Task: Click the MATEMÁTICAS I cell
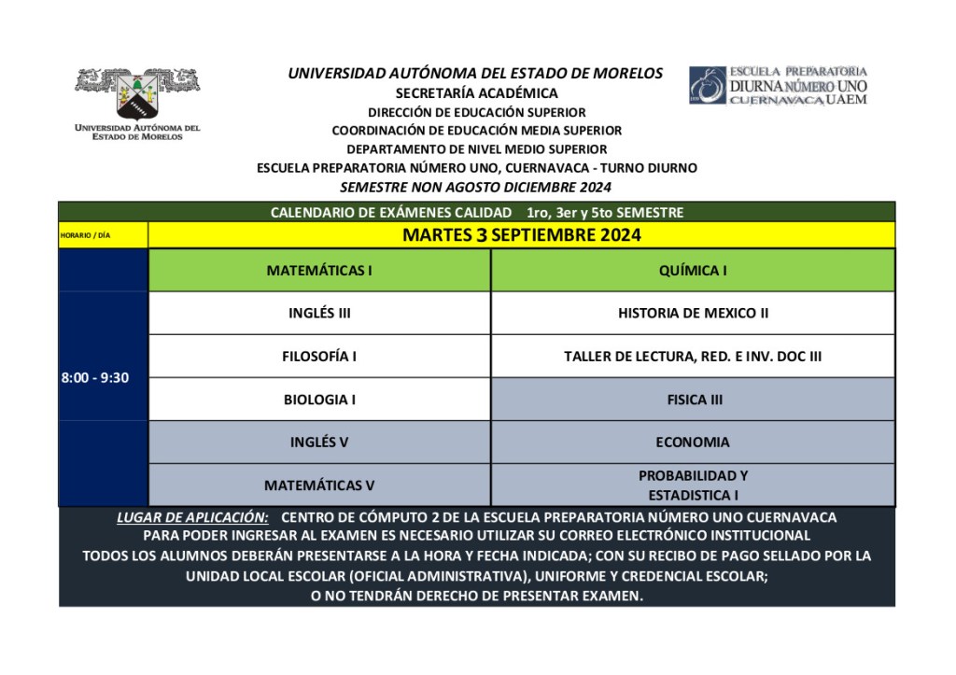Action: click(319, 271)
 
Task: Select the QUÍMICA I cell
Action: click(693, 271)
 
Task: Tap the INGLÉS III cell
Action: click(319, 314)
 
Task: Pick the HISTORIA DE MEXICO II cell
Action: click(693, 314)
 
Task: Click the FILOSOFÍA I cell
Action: click(319, 357)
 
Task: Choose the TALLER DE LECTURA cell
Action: click(693, 357)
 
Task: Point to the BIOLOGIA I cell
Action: click(319, 400)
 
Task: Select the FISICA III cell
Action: click(693, 400)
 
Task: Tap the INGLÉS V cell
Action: click(319, 443)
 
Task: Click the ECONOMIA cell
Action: click(693, 443)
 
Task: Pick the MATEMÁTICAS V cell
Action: click(319, 485)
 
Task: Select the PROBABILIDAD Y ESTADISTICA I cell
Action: click(693, 485)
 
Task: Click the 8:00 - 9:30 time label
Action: click(95, 378)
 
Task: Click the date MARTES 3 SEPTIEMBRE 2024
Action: click(521, 235)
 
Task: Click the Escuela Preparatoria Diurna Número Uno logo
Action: click(778, 85)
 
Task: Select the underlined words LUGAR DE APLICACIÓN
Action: click(192, 517)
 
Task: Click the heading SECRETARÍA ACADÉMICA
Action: click(476, 93)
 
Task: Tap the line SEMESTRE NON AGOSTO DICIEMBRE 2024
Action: click(476, 187)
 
